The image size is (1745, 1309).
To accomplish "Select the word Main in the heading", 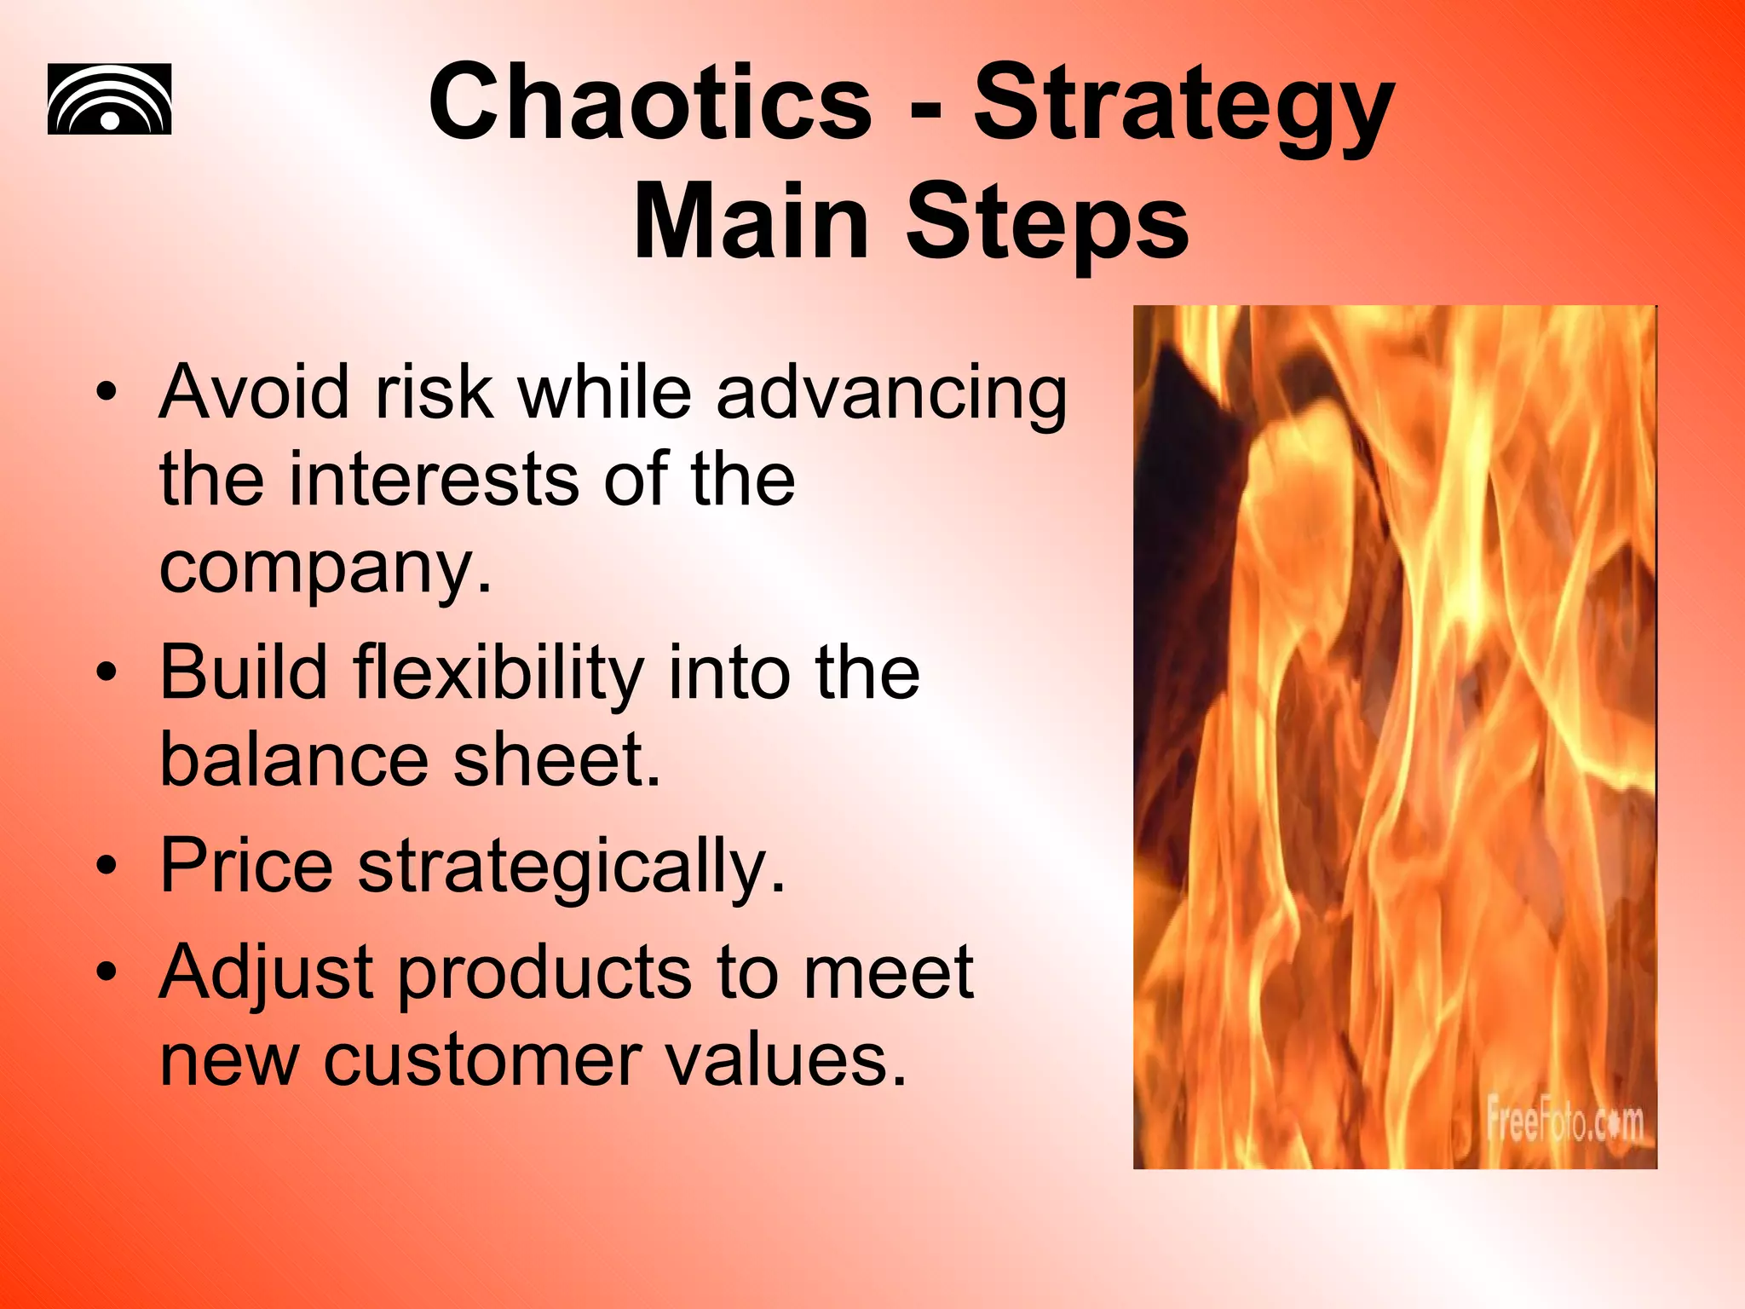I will tap(751, 222).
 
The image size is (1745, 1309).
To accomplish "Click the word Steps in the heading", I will tap(1046, 222).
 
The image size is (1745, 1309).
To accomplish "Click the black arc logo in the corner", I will tap(109, 100).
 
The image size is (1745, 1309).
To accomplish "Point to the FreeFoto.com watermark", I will tap(1564, 1122).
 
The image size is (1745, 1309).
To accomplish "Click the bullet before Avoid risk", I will tap(106, 393).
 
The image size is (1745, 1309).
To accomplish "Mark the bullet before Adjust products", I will tap(106, 972).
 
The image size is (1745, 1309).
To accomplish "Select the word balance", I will tap(294, 760).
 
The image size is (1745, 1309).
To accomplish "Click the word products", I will tap(545, 973).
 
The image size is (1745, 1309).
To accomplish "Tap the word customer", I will tap(481, 1061).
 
